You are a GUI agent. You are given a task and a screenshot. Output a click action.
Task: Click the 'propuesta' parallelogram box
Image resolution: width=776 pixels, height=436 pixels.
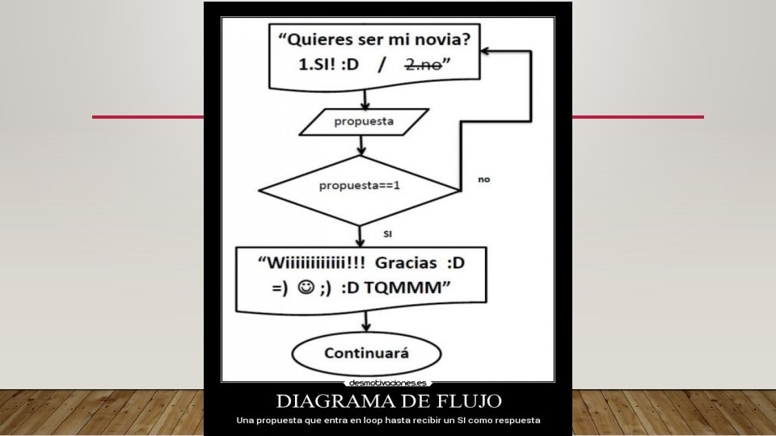point(363,122)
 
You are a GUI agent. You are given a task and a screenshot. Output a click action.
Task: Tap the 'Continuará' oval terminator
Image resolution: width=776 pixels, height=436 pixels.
point(366,354)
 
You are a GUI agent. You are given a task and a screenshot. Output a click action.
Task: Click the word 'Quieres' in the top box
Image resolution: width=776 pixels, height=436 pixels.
point(323,39)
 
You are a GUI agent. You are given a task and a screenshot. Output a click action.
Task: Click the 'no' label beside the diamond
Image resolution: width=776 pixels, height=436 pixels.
point(484,179)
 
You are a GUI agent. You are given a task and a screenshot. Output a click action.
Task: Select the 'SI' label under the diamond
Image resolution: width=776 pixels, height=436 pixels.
point(387,234)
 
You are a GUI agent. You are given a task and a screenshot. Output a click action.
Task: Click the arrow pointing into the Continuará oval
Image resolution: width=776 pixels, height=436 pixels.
point(366,327)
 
